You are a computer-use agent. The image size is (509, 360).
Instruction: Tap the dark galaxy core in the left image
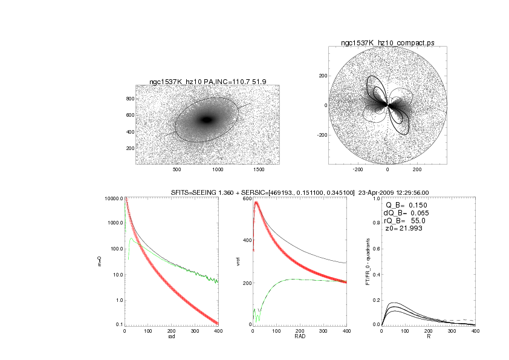[207, 120]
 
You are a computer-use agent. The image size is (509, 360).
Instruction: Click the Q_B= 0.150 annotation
[406, 205]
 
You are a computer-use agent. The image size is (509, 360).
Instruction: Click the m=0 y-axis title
[99, 262]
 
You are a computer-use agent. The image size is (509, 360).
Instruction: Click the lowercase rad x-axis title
[171, 338]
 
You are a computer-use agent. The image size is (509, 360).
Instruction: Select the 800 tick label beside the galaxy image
[129, 98]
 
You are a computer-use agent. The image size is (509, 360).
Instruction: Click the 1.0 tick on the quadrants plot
[375, 198]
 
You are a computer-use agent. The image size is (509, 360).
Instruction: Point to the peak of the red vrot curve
[256, 203]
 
